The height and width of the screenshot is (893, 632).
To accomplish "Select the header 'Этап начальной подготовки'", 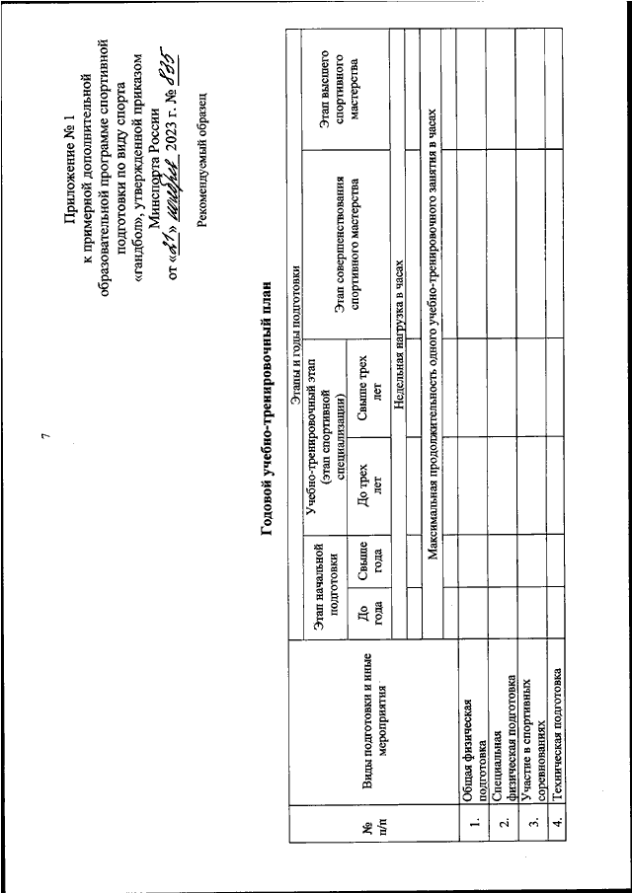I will pos(325,585).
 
